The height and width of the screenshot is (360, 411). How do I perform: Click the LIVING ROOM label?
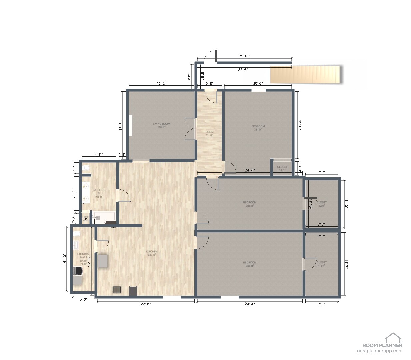click(161, 125)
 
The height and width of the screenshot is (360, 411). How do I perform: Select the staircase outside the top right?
click(305, 75)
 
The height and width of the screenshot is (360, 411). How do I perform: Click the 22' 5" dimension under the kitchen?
click(146, 304)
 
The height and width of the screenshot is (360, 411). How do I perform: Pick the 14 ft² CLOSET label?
click(282, 168)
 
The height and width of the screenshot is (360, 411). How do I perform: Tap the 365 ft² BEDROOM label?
click(250, 264)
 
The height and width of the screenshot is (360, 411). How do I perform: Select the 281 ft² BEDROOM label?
click(258, 128)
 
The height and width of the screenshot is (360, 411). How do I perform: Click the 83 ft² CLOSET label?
click(321, 204)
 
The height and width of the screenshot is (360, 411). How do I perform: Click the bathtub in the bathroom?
click(104, 217)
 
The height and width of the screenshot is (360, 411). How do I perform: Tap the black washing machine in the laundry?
click(78, 271)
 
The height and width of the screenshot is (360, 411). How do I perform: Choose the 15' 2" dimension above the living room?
click(161, 84)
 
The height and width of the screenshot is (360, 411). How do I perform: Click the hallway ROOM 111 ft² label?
click(209, 134)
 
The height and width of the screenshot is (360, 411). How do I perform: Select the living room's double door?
click(190, 129)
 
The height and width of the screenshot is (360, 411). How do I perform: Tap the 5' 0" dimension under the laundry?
click(83, 299)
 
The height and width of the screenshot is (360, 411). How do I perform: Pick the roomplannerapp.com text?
click(379, 351)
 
